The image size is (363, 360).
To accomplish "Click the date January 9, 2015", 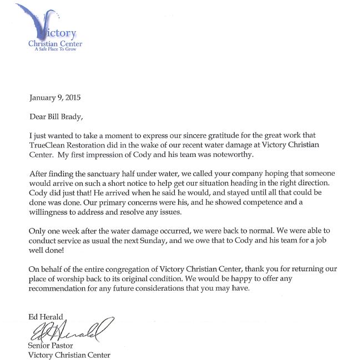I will tap(54, 98).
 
